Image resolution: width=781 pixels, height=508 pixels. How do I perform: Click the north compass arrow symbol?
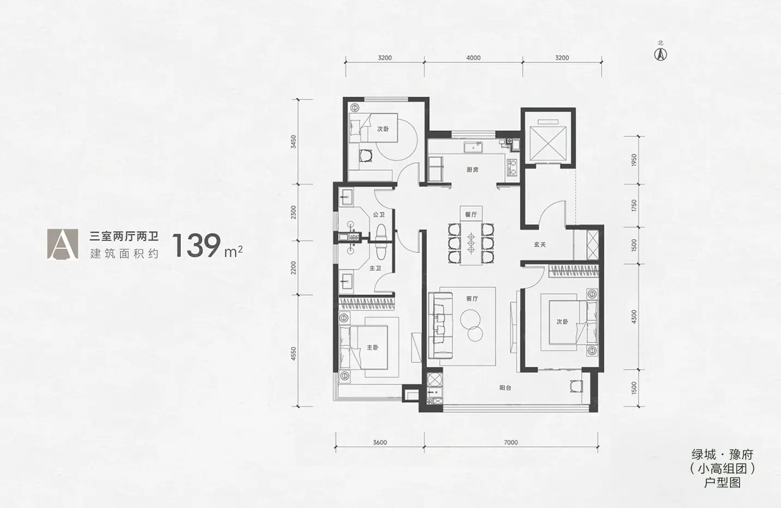pyautogui.click(x=661, y=54)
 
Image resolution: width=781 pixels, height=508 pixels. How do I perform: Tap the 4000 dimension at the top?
pyautogui.click(x=473, y=58)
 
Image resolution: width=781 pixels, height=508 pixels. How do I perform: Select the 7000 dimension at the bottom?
pyautogui.click(x=511, y=443)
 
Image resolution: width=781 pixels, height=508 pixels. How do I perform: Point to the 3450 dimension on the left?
pyautogui.click(x=294, y=142)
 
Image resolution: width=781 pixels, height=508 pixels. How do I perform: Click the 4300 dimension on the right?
pyautogui.click(x=634, y=316)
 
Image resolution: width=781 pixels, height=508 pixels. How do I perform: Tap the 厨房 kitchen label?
pyautogui.click(x=473, y=170)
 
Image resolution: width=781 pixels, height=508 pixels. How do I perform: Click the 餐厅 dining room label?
pyautogui.click(x=471, y=215)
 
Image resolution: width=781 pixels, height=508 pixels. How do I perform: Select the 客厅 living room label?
pyautogui.click(x=472, y=298)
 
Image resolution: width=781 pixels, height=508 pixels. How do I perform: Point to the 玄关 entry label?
pyautogui.click(x=540, y=244)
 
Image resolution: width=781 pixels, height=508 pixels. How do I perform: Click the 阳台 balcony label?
pyautogui.click(x=505, y=388)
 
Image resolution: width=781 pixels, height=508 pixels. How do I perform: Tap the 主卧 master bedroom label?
pyautogui.click(x=372, y=347)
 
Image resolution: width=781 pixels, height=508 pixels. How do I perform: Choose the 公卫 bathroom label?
pyautogui.click(x=379, y=215)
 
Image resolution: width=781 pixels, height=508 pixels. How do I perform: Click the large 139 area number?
pyautogui.click(x=197, y=246)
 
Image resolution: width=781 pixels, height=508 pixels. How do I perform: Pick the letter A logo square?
pyautogui.click(x=63, y=244)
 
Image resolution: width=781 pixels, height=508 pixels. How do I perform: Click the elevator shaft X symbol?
pyautogui.click(x=548, y=143)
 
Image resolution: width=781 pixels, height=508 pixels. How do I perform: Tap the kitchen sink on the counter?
pyautogui.click(x=473, y=148)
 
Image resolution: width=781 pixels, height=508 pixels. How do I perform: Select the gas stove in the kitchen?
pyautogui.click(x=512, y=167)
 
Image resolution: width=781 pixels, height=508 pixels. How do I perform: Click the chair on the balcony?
pyautogui.click(x=576, y=386)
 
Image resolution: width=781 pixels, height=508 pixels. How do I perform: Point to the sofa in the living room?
pyautogui.click(x=440, y=326)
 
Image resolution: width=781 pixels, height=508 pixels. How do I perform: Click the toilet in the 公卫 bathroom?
pyautogui.click(x=381, y=232)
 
